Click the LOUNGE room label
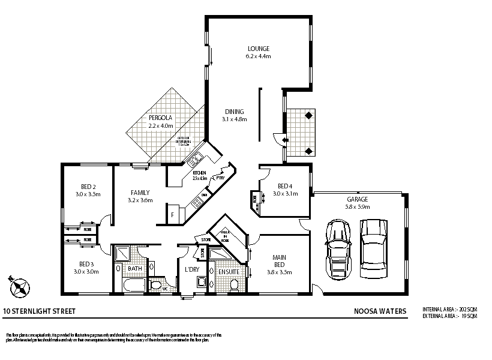(259, 49)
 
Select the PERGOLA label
(160, 118)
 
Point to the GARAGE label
(357, 199)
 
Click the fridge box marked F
(173, 214)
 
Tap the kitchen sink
(195, 160)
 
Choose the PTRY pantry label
(220, 178)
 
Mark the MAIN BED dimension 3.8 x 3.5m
(279, 272)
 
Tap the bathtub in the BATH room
(134, 284)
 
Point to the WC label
(164, 289)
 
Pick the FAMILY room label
(140, 193)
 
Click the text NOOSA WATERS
(380, 311)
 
